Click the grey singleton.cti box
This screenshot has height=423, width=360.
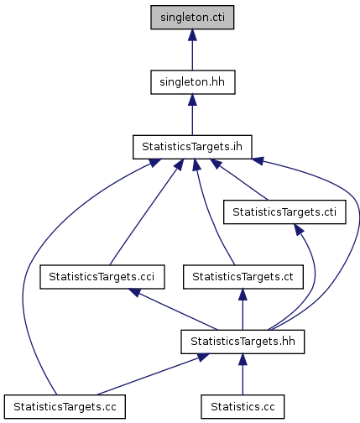tap(192, 17)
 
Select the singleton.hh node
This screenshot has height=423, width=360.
tap(193, 82)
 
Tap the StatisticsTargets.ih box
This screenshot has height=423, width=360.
tap(192, 147)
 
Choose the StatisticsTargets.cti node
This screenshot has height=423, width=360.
tap(284, 211)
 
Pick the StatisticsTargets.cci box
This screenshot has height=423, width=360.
tap(102, 277)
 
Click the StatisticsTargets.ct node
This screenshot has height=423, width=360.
tap(243, 277)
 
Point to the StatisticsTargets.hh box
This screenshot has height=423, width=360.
tap(243, 342)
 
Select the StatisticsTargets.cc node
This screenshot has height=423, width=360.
tap(65, 406)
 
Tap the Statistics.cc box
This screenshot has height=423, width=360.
tap(243, 406)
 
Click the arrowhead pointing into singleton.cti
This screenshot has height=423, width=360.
tap(192, 34)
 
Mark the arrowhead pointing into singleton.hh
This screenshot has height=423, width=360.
tap(192, 100)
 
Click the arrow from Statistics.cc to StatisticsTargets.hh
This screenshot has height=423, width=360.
tap(243, 374)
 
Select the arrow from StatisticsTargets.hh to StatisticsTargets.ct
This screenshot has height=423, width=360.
tap(243, 310)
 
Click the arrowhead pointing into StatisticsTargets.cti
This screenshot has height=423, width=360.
tap(298, 229)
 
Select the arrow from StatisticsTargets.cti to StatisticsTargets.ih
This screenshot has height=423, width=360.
tap(239, 180)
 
